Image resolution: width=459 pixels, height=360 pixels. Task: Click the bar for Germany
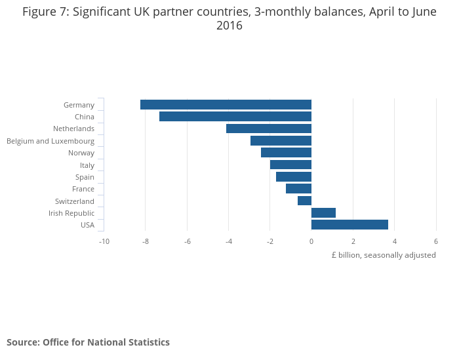tap(226, 105)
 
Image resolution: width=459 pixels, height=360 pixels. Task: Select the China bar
tap(235, 117)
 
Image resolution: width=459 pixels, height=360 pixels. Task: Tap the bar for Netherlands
tap(269, 129)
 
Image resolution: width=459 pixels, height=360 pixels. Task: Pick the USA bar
tap(349, 225)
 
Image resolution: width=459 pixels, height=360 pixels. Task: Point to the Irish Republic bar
tap(323, 212)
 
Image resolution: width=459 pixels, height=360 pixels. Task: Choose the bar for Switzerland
tap(304, 201)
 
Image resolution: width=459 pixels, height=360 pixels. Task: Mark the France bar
tap(298, 189)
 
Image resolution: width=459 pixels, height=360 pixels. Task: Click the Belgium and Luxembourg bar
tap(281, 140)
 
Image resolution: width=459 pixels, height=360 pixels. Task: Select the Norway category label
tap(81, 153)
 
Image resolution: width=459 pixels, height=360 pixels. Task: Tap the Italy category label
tap(87, 165)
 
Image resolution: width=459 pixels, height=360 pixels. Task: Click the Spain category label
tap(85, 177)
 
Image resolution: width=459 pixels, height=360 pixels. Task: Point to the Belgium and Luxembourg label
tap(50, 141)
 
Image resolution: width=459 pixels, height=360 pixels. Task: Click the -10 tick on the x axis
tap(104, 241)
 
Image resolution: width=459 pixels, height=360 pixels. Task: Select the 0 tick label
tap(311, 241)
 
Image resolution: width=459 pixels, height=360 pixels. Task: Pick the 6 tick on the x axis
tap(436, 241)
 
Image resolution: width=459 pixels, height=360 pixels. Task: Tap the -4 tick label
tap(229, 241)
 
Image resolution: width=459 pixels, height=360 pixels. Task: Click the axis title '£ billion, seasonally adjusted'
tap(384, 255)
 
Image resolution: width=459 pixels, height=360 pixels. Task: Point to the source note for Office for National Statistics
tap(88, 342)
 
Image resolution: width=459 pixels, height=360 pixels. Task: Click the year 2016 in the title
tap(229, 26)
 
